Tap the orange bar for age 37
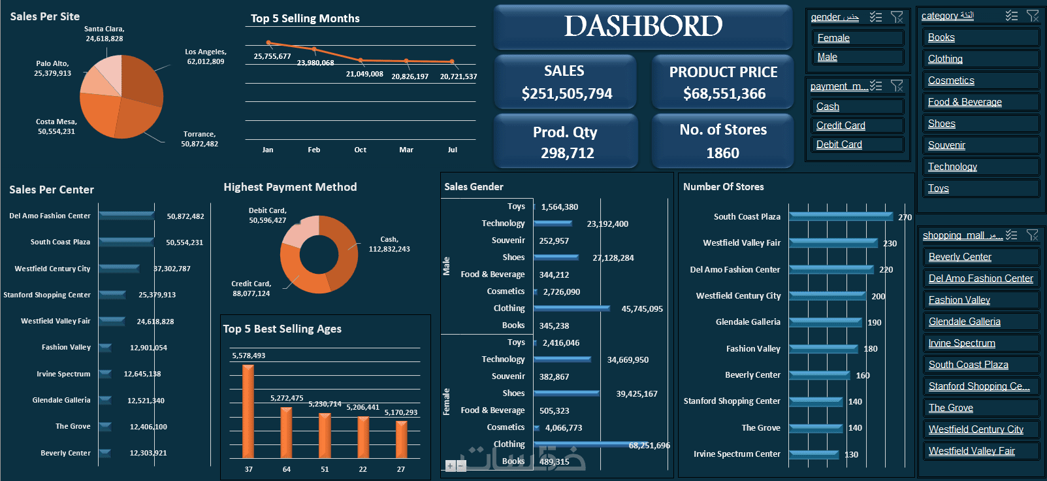(x=248, y=412)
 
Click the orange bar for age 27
(x=401, y=439)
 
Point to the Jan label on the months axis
(x=268, y=150)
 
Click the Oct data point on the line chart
(x=361, y=59)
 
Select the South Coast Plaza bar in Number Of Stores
(x=840, y=216)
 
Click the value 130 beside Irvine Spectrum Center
(x=851, y=455)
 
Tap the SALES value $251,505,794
(x=567, y=94)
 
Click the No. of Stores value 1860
(x=722, y=153)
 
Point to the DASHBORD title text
(x=643, y=26)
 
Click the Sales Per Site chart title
(x=45, y=16)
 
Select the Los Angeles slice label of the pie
(x=205, y=57)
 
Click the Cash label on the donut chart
(x=389, y=244)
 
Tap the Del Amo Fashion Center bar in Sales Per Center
(x=127, y=216)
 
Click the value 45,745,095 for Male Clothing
(x=641, y=309)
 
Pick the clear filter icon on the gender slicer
(x=897, y=17)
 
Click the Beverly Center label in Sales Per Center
(x=65, y=453)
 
